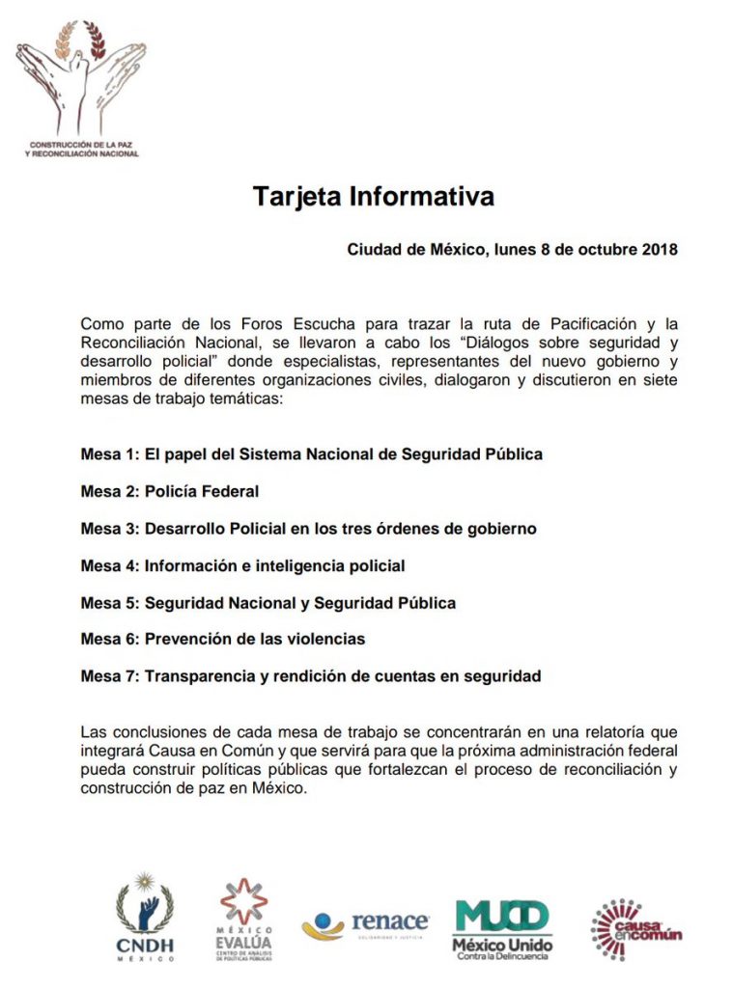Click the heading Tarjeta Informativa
click(x=373, y=197)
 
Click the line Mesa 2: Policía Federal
click(x=170, y=491)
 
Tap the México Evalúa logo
click(x=243, y=919)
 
